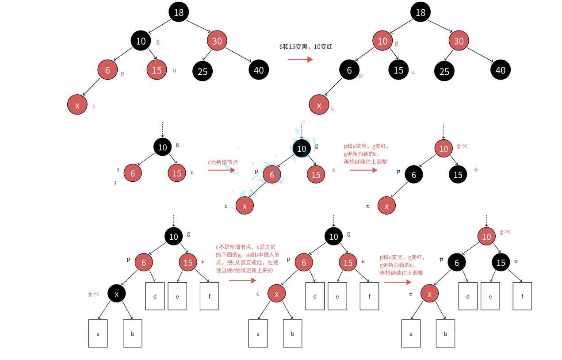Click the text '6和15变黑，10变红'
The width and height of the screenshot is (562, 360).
[x=300, y=46]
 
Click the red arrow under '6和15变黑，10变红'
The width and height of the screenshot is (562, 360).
[x=300, y=58]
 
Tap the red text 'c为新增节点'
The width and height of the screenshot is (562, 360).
[x=222, y=162]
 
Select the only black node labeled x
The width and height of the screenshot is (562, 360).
[x=117, y=293]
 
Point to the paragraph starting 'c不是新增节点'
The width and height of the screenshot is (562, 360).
[x=248, y=258]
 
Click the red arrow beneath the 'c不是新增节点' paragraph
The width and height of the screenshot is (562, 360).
[x=242, y=280]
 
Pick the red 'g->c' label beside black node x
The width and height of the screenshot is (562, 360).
[x=94, y=294]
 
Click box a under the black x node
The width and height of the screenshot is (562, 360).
[x=98, y=333]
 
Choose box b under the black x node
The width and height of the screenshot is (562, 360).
[x=132, y=333]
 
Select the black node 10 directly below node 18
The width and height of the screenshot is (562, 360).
[x=141, y=41]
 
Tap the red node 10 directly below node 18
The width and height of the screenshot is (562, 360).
[x=382, y=41]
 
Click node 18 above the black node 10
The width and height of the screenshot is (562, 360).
[x=179, y=12]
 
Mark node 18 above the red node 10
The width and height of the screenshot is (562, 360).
[x=421, y=12]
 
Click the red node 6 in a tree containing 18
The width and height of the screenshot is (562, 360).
[x=107, y=70]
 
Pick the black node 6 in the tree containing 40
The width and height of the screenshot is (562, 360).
[x=349, y=70]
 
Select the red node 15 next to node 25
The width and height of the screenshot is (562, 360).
[x=157, y=70]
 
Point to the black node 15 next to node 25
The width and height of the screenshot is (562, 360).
[x=399, y=70]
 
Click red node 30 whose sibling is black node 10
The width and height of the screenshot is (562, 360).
[x=217, y=41]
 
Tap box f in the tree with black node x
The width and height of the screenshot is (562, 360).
[x=209, y=296]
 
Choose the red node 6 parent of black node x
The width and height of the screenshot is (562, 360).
[x=144, y=263]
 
